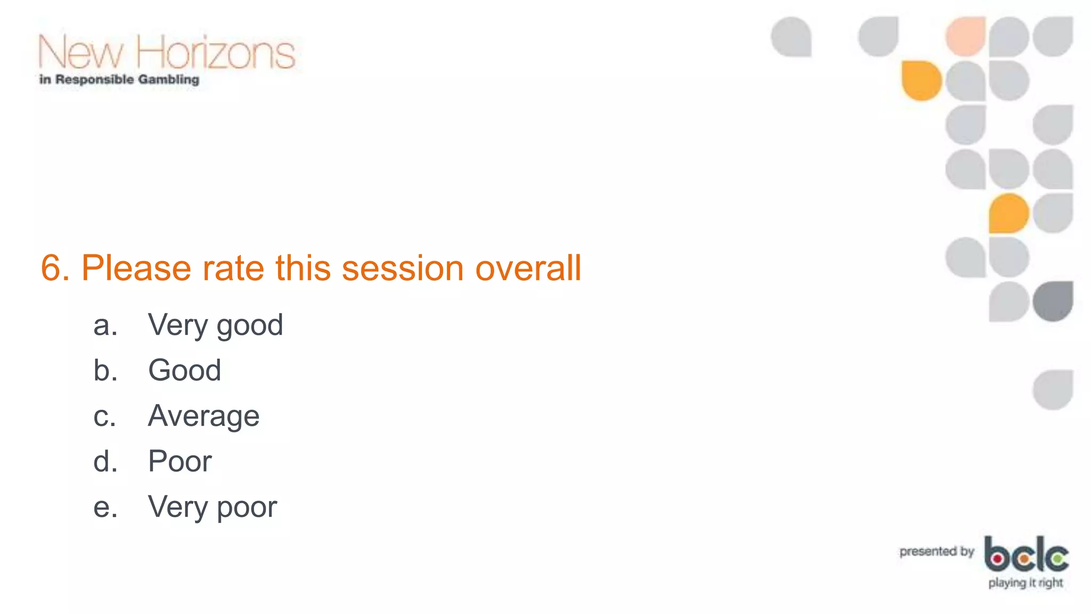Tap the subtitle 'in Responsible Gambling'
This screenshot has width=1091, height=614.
119,80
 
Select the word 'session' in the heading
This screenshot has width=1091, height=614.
402,268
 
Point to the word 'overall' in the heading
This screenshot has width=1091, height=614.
528,268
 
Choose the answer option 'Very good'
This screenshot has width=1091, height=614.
215,325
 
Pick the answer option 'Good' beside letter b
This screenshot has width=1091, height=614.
184,370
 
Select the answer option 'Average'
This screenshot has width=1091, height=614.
203,416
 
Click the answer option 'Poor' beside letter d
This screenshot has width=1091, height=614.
180,461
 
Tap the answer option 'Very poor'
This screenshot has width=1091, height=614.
212,507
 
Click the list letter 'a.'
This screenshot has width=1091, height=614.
105,325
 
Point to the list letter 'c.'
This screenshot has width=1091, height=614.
104,416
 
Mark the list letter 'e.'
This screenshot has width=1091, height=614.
105,507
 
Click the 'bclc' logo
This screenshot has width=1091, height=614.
1026,554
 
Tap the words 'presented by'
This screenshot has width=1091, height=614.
937,552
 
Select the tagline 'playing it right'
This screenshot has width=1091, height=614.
1025,583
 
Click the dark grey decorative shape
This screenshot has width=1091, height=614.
1053,301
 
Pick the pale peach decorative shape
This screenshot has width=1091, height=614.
965,36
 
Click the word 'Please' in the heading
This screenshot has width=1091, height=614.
136,268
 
